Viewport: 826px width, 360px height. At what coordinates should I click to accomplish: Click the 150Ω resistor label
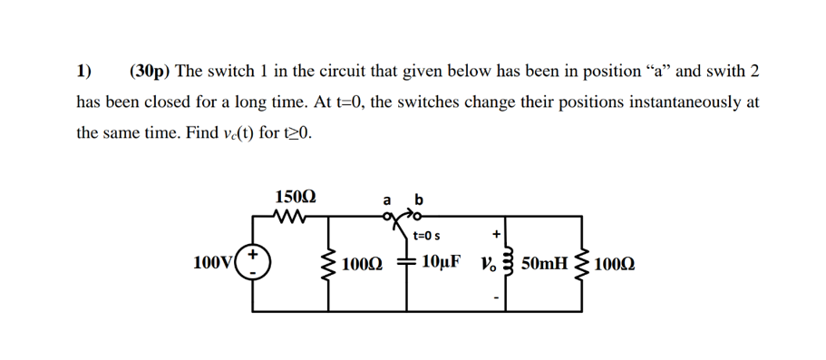[x=296, y=196]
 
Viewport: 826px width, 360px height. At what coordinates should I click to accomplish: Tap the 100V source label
[x=212, y=264]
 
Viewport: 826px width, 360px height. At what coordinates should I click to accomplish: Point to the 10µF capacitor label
[x=442, y=263]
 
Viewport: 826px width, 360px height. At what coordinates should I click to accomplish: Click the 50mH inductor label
[x=547, y=264]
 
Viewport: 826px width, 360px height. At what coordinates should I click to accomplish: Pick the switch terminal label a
[x=387, y=199]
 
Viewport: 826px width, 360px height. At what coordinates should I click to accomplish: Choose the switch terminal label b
[x=418, y=199]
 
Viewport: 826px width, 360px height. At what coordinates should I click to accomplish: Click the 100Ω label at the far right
[x=617, y=264]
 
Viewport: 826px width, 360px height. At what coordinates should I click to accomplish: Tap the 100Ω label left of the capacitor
[x=363, y=264]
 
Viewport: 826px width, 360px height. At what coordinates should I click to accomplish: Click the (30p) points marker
[x=151, y=71]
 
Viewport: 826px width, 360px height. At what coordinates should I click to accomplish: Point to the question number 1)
[x=84, y=71]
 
